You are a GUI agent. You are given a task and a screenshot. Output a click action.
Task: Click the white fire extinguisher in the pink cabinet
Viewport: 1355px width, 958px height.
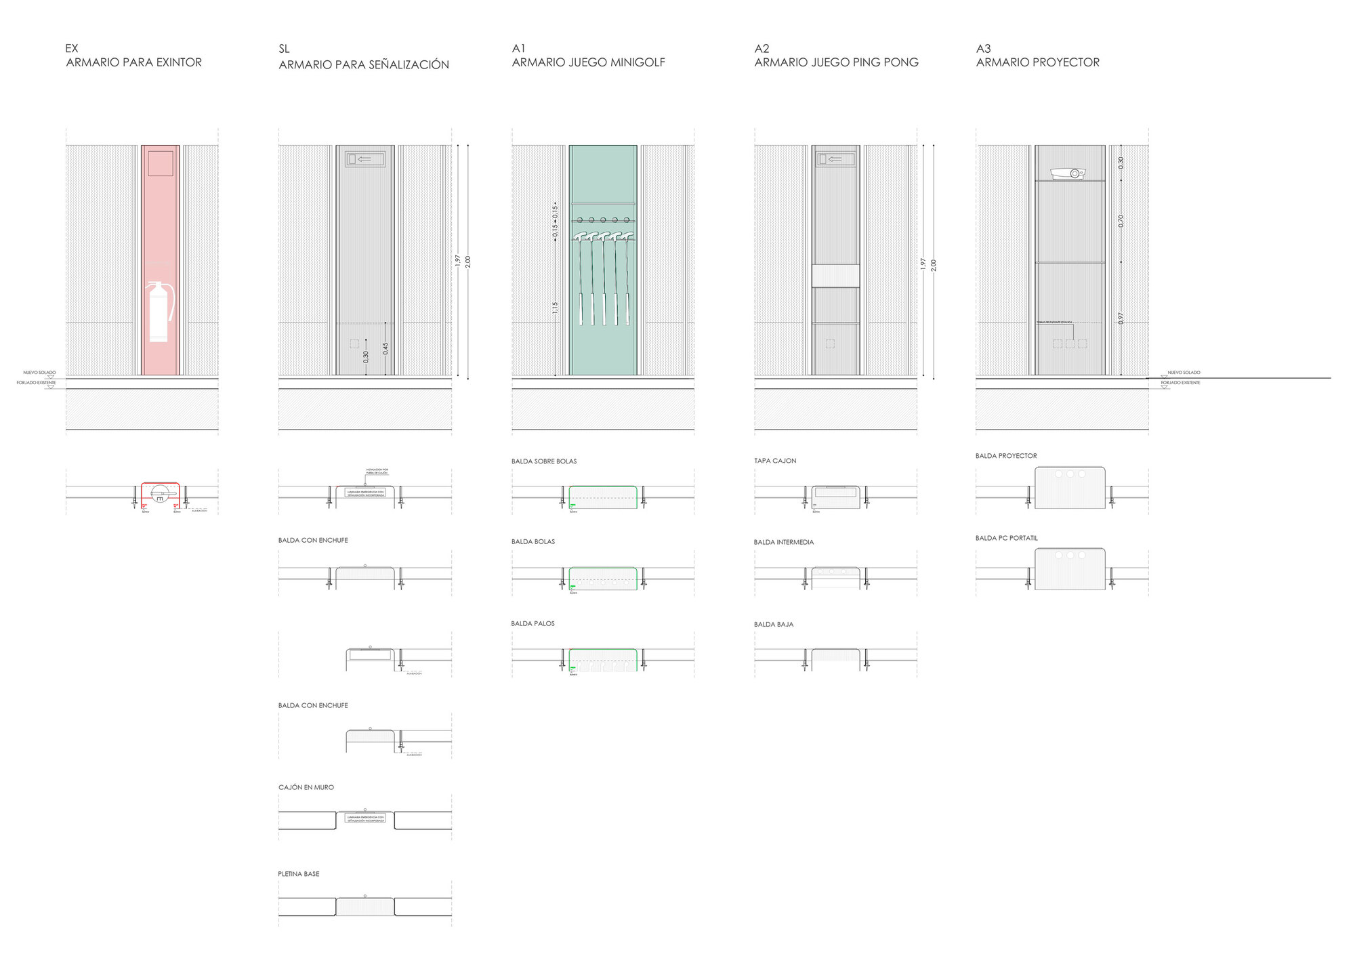(x=159, y=312)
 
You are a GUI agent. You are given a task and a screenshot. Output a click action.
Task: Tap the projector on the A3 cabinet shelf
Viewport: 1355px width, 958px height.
(x=1068, y=173)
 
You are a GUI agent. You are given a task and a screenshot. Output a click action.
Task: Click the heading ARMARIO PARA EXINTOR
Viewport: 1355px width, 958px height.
(x=134, y=62)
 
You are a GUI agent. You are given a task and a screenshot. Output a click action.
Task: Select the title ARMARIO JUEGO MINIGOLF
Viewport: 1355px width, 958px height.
(x=588, y=62)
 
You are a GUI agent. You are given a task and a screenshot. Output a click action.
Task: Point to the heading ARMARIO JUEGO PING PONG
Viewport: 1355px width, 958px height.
(x=836, y=62)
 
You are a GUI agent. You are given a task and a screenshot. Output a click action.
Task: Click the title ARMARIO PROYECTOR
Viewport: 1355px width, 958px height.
(x=1037, y=62)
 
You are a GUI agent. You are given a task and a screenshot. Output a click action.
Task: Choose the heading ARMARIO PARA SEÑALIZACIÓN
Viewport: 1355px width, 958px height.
(x=364, y=65)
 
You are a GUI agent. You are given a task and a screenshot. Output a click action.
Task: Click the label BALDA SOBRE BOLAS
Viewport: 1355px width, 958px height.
(x=544, y=461)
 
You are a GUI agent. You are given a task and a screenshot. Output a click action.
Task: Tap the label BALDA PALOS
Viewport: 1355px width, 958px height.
(x=533, y=623)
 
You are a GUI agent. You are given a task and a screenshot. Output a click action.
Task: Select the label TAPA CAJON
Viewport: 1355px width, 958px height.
(x=775, y=461)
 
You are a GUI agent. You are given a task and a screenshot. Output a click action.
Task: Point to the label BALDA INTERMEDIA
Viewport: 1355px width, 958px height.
(x=784, y=542)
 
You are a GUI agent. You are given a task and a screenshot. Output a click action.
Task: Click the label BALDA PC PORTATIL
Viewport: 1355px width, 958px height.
(x=1006, y=538)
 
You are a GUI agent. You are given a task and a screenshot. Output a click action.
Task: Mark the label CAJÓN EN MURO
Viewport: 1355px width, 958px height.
(x=306, y=787)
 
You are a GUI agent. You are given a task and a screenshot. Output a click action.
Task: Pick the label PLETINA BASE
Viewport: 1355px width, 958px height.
(x=298, y=874)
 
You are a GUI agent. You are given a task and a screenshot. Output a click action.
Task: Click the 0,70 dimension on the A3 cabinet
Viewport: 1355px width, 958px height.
(x=1121, y=221)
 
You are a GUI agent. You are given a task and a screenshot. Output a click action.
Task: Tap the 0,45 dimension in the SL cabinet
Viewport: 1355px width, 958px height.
(x=385, y=348)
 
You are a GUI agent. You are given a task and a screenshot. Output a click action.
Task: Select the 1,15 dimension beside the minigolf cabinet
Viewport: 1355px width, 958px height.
(x=555, y=308)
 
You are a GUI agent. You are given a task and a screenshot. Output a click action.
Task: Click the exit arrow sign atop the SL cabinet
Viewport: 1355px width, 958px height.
(x=365, y=159)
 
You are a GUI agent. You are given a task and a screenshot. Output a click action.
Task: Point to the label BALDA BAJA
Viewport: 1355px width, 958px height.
(x=773, y=624)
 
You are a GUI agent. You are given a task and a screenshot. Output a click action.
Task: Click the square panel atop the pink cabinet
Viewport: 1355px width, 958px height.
(x=161, y=163)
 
